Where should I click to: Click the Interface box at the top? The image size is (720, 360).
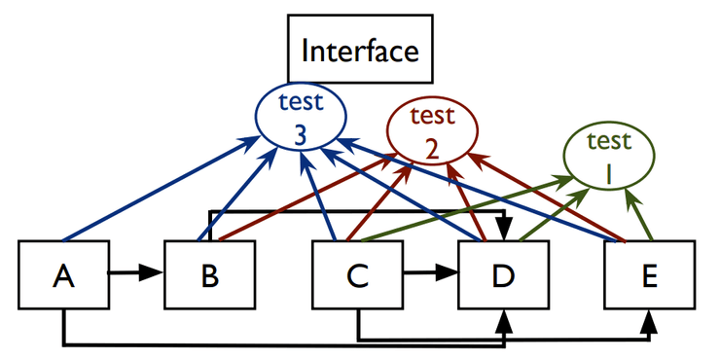tap(359, 49)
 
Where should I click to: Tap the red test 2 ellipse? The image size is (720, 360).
tap(433, 133)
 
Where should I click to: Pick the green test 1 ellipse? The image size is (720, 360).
tap(609, 158)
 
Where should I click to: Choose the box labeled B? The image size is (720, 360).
tap(209, 276)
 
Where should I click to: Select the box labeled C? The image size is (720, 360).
tap(357, 276)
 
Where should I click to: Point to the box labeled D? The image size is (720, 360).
tap(503, 276)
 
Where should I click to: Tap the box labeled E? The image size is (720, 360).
tap(649, 276)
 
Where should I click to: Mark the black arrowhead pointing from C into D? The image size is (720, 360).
tap(448, 275)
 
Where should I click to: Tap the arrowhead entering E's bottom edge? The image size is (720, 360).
tap(648, 319)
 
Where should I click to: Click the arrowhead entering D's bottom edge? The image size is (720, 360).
tap(503, 319)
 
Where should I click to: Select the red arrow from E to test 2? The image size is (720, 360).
tap(545, 196)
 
